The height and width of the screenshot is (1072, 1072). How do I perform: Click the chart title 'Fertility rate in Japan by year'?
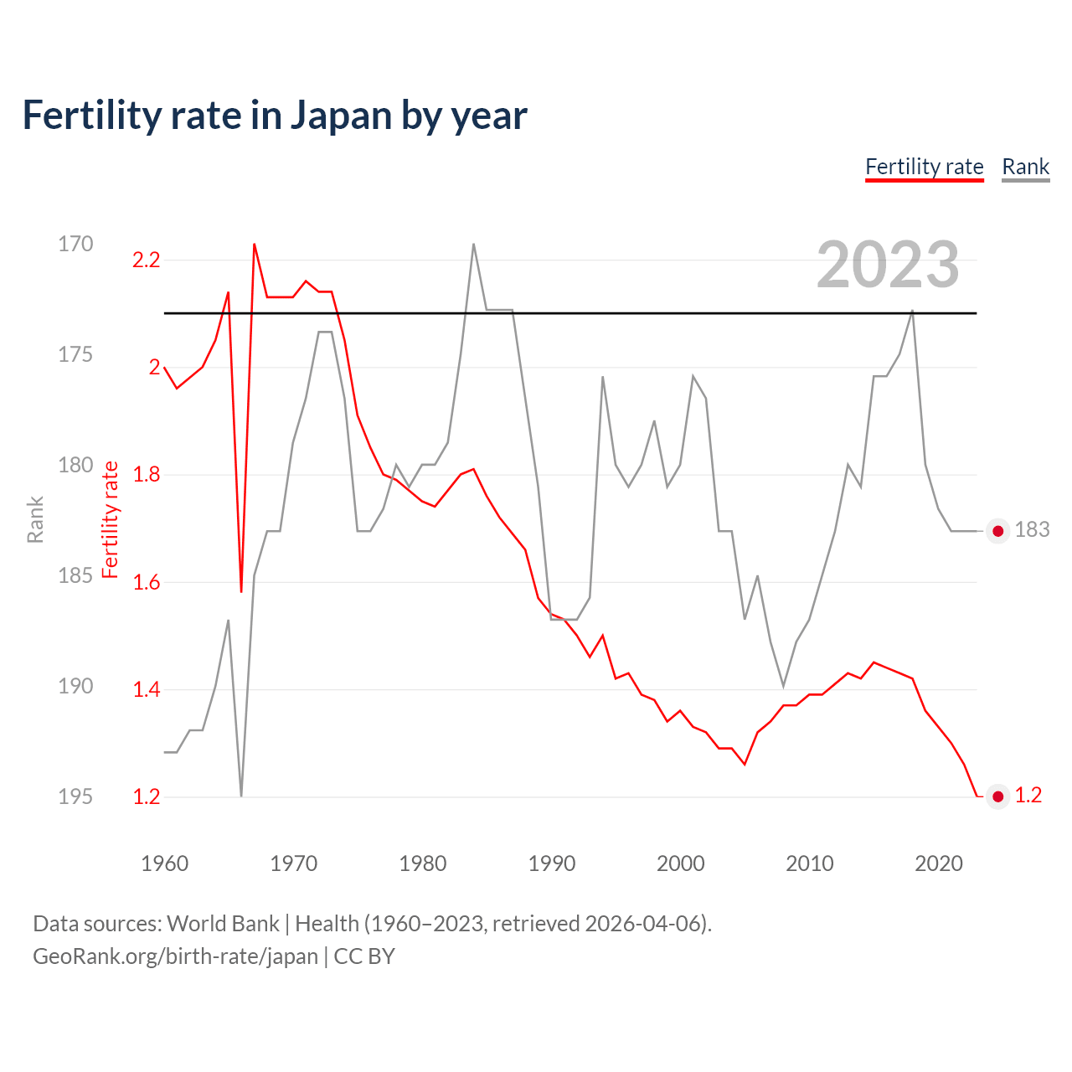pyautogui.click(x=275, y=116)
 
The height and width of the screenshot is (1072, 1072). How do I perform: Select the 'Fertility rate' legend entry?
pyautogui.click(x=924, y=167)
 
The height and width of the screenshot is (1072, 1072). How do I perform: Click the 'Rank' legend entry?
pyautogui.click(x=1025, y=167)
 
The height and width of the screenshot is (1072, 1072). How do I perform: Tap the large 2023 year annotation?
pyautogui.click(x=887, y=265)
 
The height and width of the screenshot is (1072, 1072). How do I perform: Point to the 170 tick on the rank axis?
pyautogui.click(x=75, y=244)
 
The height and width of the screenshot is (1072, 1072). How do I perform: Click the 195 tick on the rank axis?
pyautogui.click(x=75, y=796)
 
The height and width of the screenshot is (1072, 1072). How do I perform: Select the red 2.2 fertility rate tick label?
pyautogui.click(x=146, y=260)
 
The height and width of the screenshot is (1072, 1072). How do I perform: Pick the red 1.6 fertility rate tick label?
pyautogui.click(x=146, y=582)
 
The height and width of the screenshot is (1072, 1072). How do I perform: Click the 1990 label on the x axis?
pyautogui.click(x=551, y=863)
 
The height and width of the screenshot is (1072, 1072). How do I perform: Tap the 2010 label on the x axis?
pyautogui.click(x=809, y=863)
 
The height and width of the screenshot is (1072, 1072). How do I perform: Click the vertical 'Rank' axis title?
pyautogui.click(x=35, y=519)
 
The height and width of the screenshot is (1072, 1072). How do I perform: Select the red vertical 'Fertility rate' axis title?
pyautogui.click(x=110, y=519)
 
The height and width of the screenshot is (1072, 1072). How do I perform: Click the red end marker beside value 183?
pyautogui.click(x=997, y=531)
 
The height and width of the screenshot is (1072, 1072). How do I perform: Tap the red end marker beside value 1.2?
pyautogui.click(x=997, y=796)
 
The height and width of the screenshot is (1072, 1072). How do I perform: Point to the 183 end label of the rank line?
pyautogui.click(x=1032, y=530)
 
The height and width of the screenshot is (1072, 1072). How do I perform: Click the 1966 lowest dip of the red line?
pyautogui.click(x=241, y=591)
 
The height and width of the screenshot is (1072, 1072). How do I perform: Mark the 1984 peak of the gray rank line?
pyautogui.click(x=474, y=245)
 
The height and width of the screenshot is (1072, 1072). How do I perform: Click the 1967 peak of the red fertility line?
pyautogui.click(x=254, y=245)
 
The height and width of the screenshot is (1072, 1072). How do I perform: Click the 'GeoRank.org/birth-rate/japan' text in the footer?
pyautogui.click(x=175, y=956)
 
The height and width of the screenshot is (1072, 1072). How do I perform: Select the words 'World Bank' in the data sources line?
pyautogui.click(x=223, y=924)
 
